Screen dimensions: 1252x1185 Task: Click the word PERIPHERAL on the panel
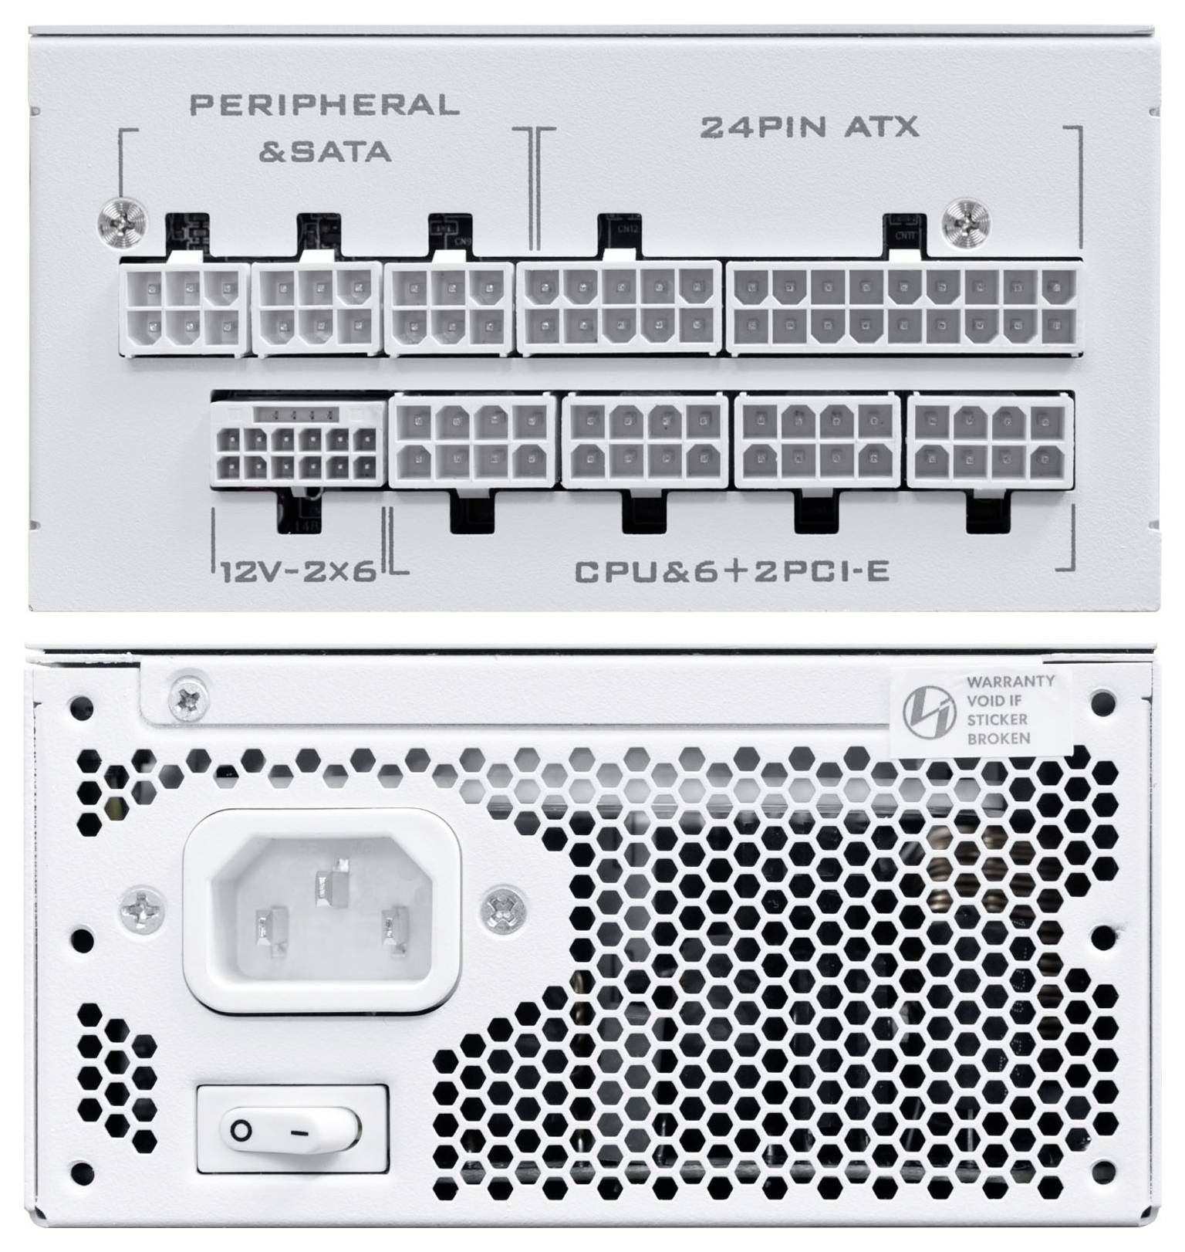click(x=324, y=105)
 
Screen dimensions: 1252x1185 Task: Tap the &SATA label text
click(x=324, y=150)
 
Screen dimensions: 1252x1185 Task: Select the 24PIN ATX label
click(x=809, y=127)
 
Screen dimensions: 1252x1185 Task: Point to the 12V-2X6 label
click(x=298, y=572)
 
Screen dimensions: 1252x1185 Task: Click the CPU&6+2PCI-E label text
click(x=731, y=572)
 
